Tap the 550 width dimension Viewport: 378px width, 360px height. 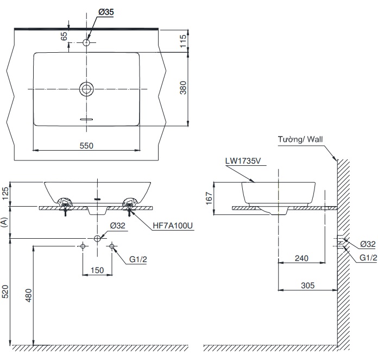[x=87, y=145]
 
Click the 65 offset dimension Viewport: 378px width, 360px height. [x=64, y=36]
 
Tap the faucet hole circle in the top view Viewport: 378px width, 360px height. [x=87, y=42]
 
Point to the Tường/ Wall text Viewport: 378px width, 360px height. [x=300, y=140]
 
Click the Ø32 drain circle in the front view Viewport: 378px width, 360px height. [x=98, y=238]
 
